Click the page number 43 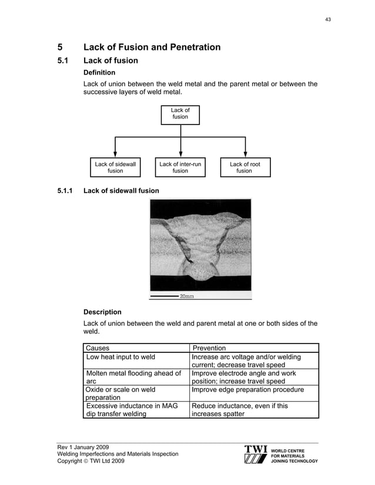328,19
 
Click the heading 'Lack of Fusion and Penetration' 152,47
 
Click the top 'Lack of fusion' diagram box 180,113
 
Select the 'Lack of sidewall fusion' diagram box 115,167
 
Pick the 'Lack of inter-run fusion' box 180,167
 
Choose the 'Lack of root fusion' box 245,167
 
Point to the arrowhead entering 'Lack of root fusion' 245,154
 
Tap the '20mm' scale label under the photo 186,297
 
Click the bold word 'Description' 103,312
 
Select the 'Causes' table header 98,348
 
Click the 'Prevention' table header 209,348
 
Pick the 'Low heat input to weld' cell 120,357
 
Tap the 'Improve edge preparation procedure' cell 248,389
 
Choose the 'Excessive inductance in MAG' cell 132,406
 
